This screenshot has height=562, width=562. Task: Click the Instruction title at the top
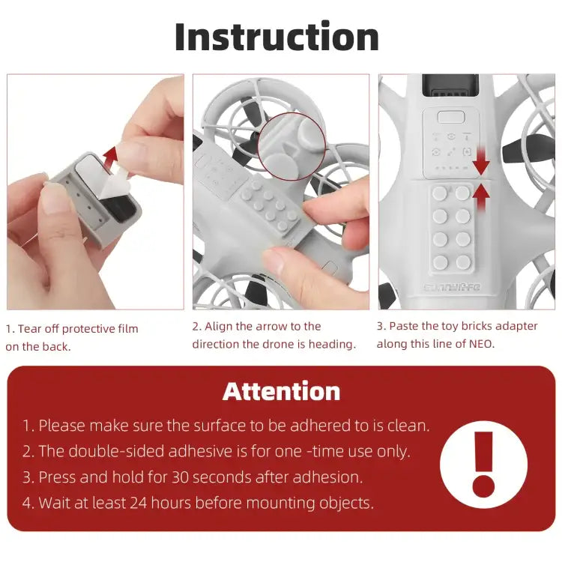click(x=277, y=37)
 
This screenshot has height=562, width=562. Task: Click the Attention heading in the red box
click(x=281, y=391)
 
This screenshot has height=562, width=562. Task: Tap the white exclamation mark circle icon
click(x=483, y=465)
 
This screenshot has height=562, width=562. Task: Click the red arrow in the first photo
click(x=110, y=158)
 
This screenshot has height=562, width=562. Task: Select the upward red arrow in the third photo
click(x=481, y=196)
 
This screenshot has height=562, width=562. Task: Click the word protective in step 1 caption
click(x=90, y=328)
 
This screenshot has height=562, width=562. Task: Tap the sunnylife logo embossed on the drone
click(x=454, y=286)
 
